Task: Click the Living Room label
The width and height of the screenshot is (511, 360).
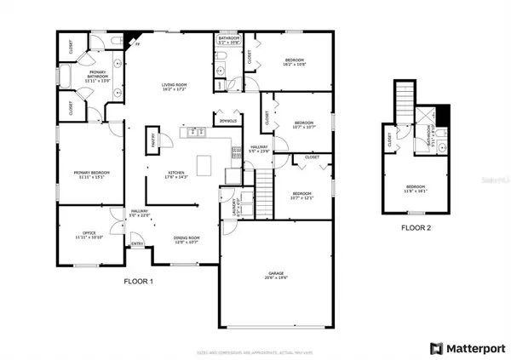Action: tap(174, 87)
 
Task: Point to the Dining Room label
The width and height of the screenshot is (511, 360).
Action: tap(187, 240)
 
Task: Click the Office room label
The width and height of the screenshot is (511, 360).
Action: tap(89, 234)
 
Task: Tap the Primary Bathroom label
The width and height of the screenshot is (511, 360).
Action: tap(100, 77)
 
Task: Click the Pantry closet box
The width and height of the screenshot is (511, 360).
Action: tap(153, 140)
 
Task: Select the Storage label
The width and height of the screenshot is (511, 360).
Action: tap(227, 122)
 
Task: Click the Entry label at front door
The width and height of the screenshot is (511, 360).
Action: tap(136, 244)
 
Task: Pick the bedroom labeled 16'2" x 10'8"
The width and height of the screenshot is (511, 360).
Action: tap(295, 62)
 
